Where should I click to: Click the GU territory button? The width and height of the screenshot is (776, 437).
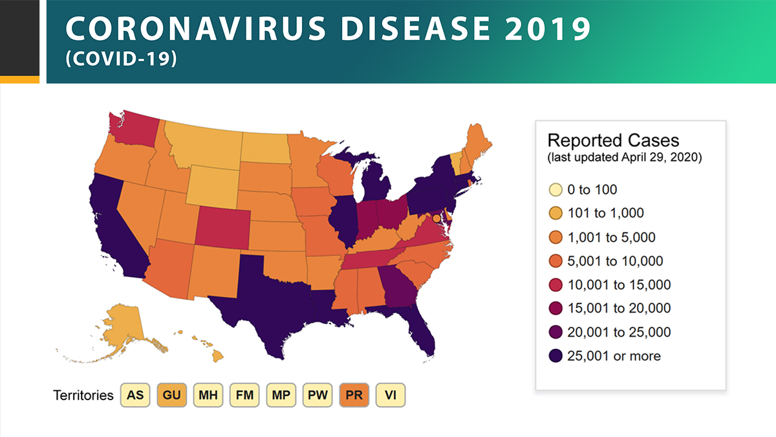171,395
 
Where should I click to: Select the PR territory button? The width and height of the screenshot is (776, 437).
354,395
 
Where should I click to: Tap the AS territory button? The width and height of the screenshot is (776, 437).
135,395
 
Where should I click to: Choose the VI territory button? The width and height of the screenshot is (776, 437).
391,395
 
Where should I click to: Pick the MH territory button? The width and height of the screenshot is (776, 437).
208,395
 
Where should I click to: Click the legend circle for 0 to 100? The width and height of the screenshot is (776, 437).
554,190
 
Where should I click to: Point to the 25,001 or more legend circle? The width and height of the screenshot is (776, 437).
554,355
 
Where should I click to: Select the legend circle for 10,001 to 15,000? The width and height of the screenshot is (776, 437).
554,285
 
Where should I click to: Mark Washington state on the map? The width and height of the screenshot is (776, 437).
129,129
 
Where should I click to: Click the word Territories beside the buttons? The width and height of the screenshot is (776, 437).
83,395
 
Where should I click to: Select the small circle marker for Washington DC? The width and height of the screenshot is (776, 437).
436,219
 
